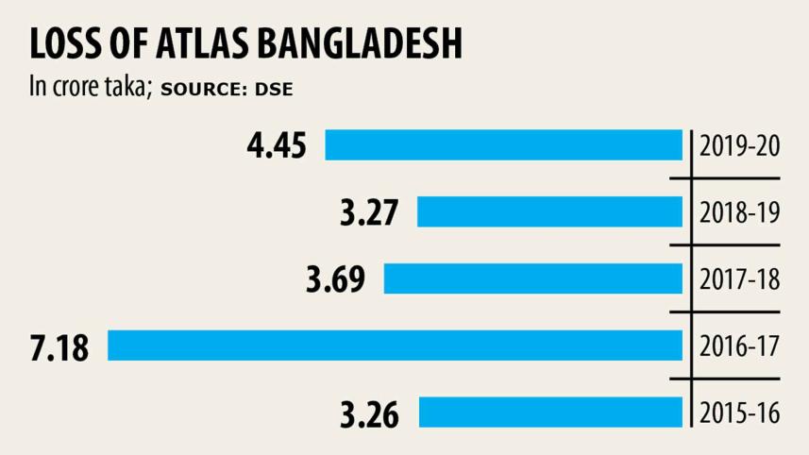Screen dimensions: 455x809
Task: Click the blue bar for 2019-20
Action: (x=503, y=146)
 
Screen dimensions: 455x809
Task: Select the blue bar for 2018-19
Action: (x=549, y=212)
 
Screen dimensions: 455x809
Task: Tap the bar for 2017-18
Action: (x=532, y=278)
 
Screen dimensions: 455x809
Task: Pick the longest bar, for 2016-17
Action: (x=395, y=345)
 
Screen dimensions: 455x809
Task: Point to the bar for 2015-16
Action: (x=550, y=412)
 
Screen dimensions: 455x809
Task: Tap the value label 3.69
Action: (x=334, y=279)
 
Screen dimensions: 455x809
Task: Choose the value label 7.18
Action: (x=59, y=346)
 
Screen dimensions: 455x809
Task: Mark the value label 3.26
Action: (x=369, y=413)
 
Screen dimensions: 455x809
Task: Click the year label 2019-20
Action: (x=739, y=147)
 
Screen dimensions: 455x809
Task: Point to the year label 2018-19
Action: (x=739, y=213)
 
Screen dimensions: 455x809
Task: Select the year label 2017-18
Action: (x=739, y=279)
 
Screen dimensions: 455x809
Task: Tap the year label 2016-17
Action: (x=739, y=346)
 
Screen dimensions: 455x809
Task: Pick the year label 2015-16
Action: (x=739, y=413)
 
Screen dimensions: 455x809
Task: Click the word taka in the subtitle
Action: (x=131, y=88)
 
